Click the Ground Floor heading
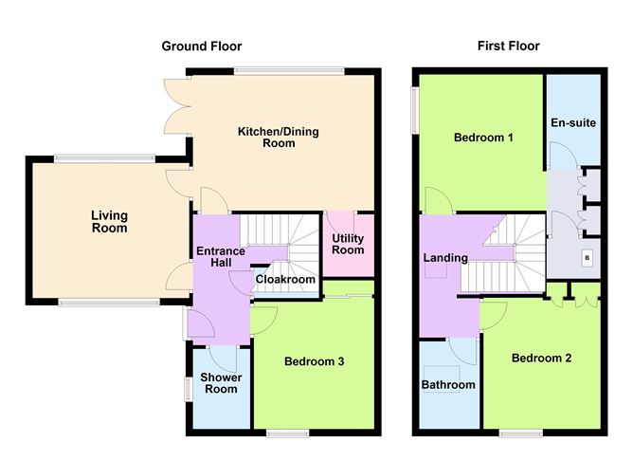tap(202, 46)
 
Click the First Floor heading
tap(508, 46)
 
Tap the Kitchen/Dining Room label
tap(279, 138)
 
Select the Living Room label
tap(109, 222)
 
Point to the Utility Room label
tap(348, 244)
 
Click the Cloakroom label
tap(285, 279)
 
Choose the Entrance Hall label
tap(221, 257)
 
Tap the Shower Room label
tap(221, 383)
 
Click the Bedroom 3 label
tap(315, 361)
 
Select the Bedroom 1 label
tap(483, 138)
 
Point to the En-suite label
tap(573, 122)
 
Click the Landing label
tap(445, 258)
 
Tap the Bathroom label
tap(448, 384)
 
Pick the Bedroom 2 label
tap(541, 358)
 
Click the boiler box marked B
tap(587, 258)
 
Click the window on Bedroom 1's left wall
tap(415, 110)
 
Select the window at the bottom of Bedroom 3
tap(287, 433)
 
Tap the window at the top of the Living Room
tap(104, 158)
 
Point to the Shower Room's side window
tap(189, 390)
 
